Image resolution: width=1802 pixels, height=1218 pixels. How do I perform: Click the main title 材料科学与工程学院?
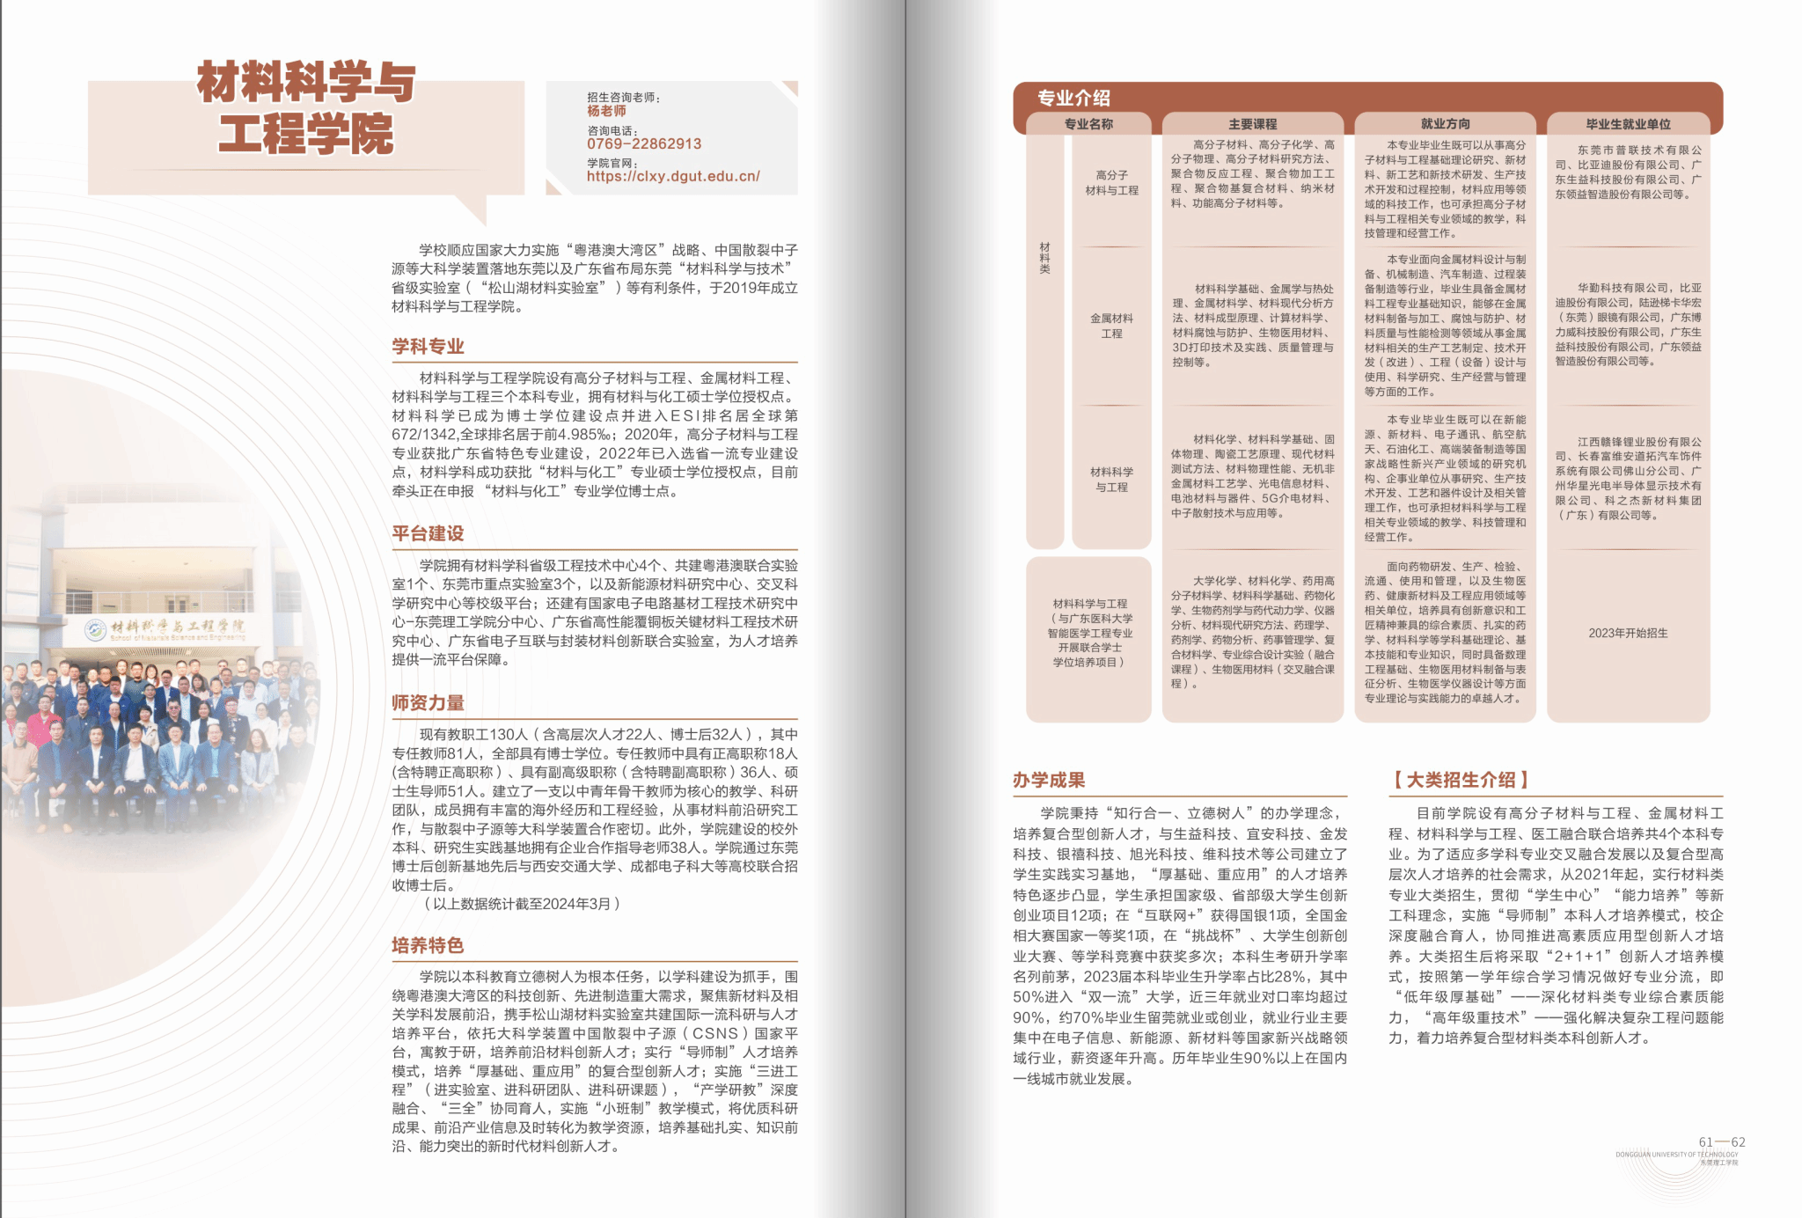point(305,107)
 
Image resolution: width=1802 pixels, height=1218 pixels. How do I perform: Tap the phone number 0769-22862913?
point(644,144)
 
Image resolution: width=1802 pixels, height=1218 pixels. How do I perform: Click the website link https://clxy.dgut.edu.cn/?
point(673,176)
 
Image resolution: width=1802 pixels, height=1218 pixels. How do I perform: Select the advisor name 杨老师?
point(606,111)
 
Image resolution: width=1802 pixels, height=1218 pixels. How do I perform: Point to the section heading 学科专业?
point(428,347)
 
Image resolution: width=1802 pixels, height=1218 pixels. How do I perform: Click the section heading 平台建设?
point(428,533)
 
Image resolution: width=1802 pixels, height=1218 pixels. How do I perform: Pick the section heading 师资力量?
point(428,703)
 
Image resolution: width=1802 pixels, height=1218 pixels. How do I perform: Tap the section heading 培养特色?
point(428,945)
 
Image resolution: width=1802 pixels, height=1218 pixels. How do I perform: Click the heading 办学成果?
point(1048,780)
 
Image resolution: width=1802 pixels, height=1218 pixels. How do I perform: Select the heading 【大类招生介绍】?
point(1461,780)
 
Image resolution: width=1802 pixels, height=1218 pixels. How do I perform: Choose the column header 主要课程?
point(1252,124)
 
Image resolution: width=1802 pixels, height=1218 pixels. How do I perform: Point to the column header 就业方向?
point(1445,124)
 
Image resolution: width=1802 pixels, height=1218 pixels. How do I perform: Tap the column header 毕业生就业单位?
point(1628,124)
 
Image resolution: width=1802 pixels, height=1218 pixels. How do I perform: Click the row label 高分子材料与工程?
point(1111,183)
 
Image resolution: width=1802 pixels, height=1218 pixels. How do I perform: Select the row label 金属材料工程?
point(1111,326)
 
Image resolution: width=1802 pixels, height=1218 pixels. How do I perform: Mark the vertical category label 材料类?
point(1044,258)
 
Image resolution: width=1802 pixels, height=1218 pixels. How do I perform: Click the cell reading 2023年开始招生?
point(1628,633)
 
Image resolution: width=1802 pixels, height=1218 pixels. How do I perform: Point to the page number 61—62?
point(1721,1142)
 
